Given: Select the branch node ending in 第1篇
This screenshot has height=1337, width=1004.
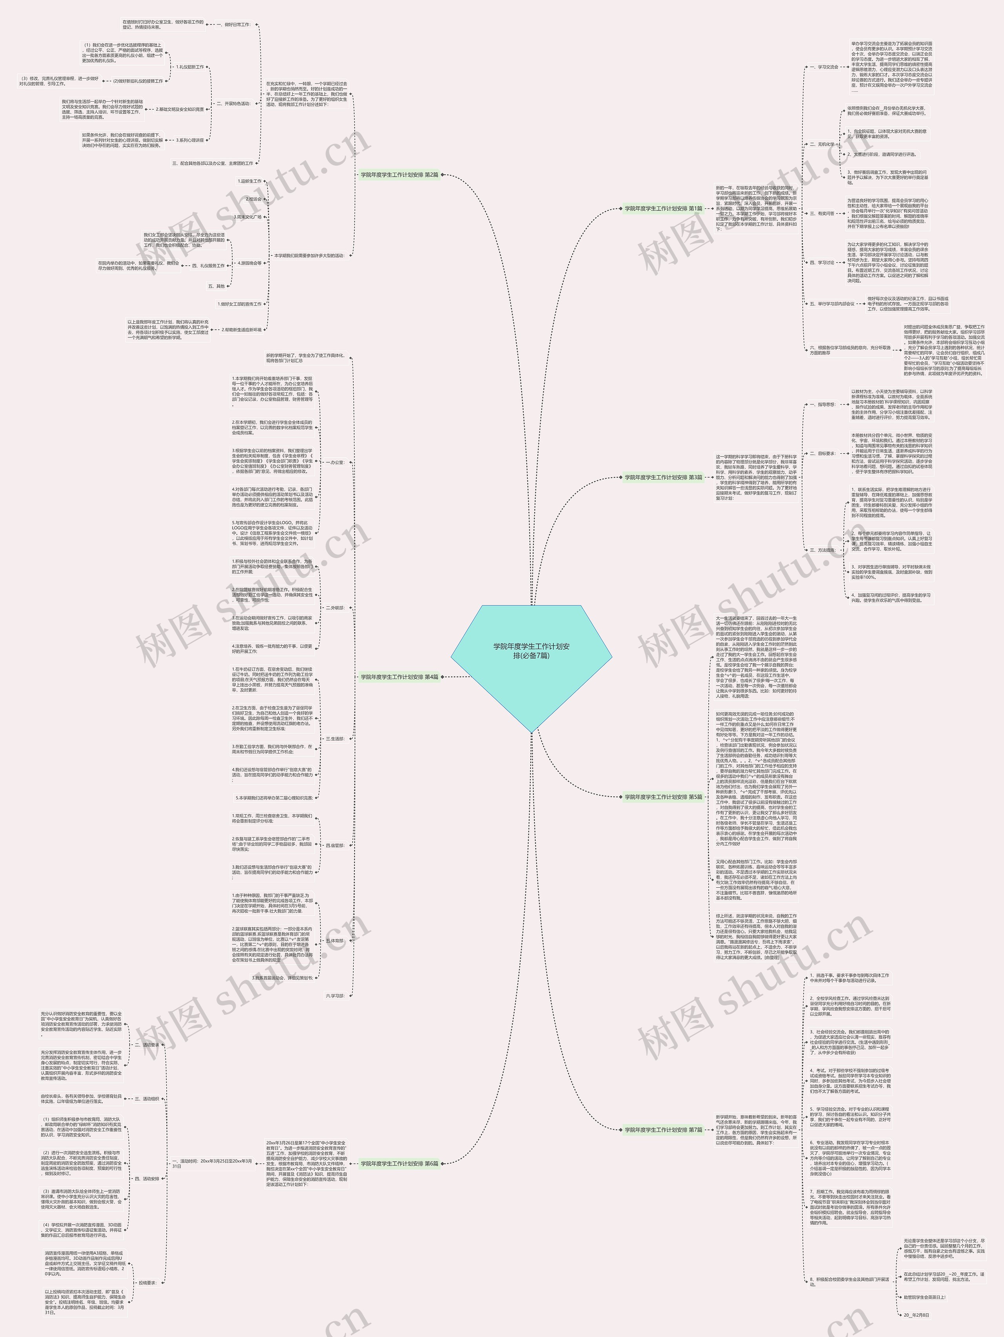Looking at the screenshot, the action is (663, 208).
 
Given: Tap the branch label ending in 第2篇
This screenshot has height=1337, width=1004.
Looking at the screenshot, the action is (399, 175).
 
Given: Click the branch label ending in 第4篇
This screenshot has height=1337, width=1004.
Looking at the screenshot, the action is (399, 677).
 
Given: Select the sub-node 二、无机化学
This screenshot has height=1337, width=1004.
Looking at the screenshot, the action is (822, 144).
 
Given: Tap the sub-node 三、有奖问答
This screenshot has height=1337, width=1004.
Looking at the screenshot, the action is (822, 213).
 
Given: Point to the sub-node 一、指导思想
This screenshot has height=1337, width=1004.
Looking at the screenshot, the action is (822, 404).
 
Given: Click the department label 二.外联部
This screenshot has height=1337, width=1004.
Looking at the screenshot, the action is (335, 608).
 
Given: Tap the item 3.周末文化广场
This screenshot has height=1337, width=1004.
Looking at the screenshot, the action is (248, 216).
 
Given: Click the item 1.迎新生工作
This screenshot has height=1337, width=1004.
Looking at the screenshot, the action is (249, 181).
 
